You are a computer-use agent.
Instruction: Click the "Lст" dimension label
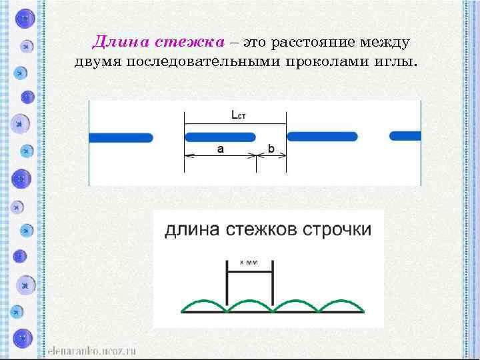click(239, 115)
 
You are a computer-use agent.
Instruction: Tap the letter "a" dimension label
click(220, 149)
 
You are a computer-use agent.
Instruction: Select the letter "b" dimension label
click(271, 148)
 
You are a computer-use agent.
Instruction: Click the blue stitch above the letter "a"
click(220, 137)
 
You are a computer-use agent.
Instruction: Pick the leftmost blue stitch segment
click(121, 137)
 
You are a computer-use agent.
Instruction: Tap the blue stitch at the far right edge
click(405, 136)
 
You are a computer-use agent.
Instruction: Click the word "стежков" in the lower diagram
click(261, 231)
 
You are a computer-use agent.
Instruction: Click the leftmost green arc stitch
click(205, 304)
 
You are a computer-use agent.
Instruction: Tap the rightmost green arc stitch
click(341, 304)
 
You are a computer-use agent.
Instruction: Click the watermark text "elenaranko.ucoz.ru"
click(92, 349)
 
